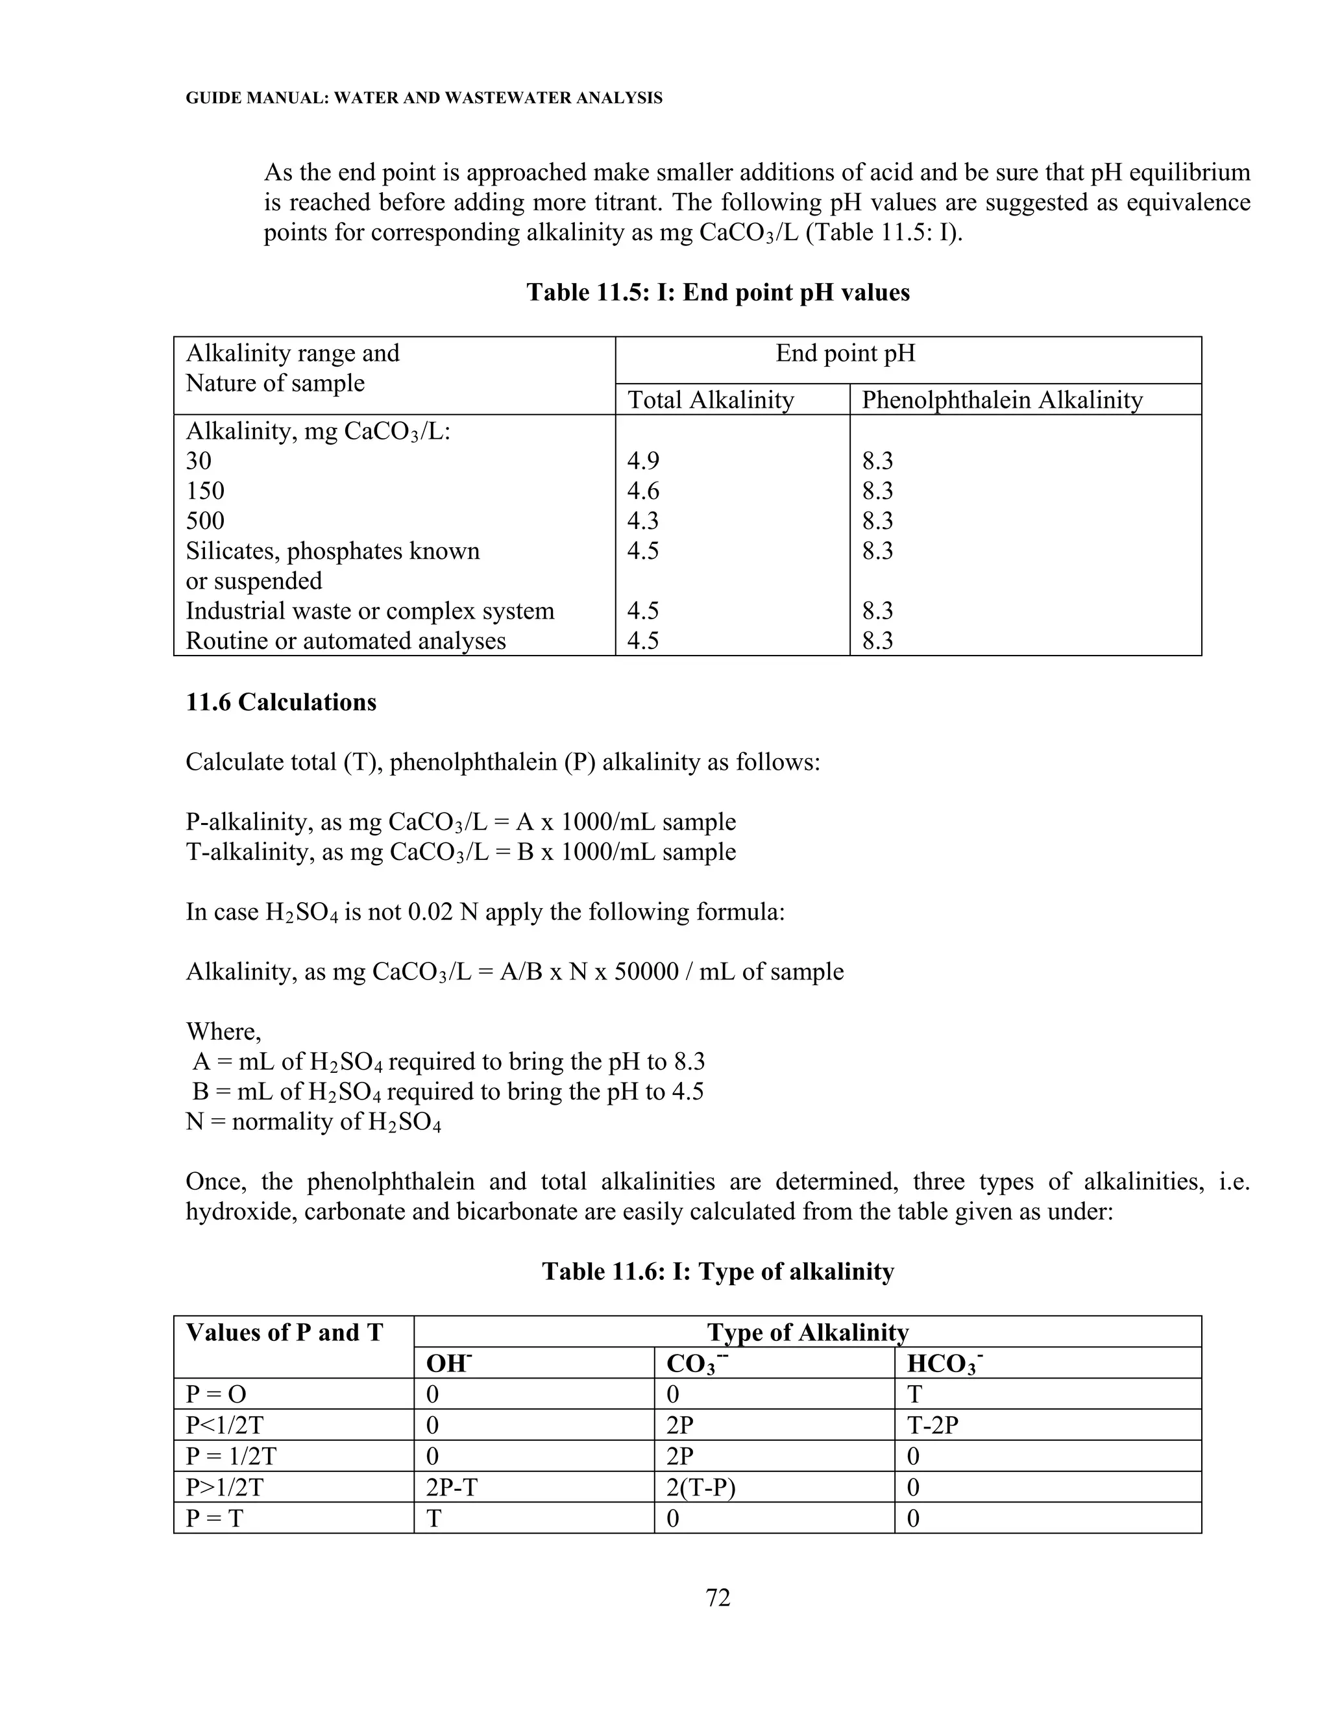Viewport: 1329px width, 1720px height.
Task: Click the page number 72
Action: point(718,1597)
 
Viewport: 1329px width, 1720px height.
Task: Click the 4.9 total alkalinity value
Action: point(642,461)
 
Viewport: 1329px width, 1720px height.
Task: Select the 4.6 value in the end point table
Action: point(642,491)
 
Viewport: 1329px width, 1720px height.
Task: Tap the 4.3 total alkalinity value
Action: point(642,521)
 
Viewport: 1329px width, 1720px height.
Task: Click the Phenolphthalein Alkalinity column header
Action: point(1001,400)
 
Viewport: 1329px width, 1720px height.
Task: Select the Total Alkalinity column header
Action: point(710,400)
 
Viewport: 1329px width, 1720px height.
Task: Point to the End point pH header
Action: point(845,353)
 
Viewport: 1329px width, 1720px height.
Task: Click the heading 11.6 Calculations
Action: point(281,702)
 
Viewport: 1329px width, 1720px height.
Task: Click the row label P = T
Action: point(214,1517)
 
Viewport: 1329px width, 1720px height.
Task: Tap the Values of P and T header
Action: point(284,1333)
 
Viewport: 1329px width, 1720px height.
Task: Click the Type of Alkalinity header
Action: point(807,1332)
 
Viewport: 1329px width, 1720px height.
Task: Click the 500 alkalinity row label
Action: point(204,521)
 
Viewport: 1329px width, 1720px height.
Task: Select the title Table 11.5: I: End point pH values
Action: point(717,292)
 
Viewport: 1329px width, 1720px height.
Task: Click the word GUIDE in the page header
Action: point(207,99)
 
